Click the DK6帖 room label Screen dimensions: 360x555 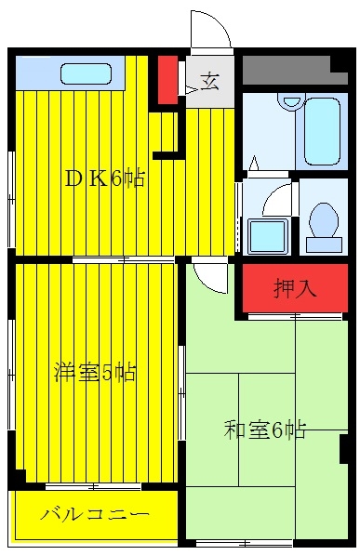(104, 178)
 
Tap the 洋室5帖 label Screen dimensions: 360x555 (95, 371)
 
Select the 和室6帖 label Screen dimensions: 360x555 (264, 429)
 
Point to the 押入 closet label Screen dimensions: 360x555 (295, 288)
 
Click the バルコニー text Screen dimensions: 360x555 (95, 513)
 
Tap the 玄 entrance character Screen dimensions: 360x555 (210, 82)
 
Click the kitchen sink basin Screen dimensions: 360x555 (87, 73)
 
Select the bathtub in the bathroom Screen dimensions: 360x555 (322, 131)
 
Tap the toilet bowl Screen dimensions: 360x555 (324, 219)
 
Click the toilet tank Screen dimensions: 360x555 (324, 244)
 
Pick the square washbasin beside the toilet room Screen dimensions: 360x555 (267, 236)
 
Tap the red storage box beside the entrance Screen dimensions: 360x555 (167, 80)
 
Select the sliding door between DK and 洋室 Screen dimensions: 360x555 (124, 259)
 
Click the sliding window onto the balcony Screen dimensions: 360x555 (93, 487)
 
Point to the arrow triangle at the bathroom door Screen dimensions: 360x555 (254, 163)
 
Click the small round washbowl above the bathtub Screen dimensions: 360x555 (291, 101)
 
